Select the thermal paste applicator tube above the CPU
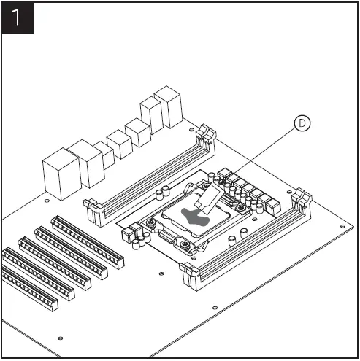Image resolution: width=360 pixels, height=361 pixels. [210, 198]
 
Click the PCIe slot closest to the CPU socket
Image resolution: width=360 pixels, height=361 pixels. [88, 238]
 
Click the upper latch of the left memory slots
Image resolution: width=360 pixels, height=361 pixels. [205, 134]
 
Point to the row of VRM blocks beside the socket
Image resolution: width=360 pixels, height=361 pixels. [248, 187]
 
